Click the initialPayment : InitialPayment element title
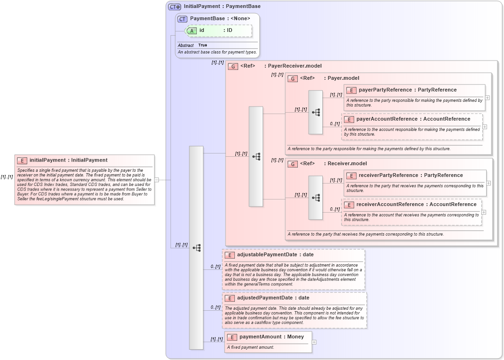tap(68, 160)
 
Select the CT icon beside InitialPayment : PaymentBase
tap(175, 7)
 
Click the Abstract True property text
tap(192, 45)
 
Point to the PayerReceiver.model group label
tap(295, 66)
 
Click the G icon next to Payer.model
tap(293, 78)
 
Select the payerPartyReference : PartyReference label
tap(407, 90)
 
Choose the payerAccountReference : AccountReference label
tap(413, 119)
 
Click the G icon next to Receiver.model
tap(293, 164)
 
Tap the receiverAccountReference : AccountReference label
tap(416, 205)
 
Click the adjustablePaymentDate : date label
tap(275, 255)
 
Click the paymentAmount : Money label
tap(271, 337)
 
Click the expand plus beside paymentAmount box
tap(314, 342)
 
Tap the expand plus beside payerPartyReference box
tap(488, 98)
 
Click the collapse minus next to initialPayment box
tap(156, 180)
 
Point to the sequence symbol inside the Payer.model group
tap(316, 112)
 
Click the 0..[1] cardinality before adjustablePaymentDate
tap(216, 267)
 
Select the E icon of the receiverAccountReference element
tap(349, 205)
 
